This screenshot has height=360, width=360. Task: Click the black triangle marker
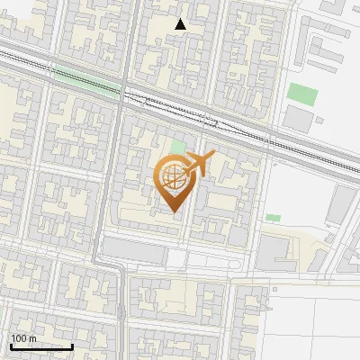[181, 24]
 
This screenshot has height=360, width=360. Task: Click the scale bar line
[41, 346]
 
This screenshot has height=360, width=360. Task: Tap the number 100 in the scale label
[19, 338]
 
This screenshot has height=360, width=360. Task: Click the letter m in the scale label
[31, 338]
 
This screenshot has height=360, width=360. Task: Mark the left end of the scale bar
[10, 346]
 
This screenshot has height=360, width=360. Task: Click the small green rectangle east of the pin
[273, 217]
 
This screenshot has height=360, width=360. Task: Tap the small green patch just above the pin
[178, 147]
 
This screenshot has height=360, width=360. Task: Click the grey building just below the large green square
[297, 118]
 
